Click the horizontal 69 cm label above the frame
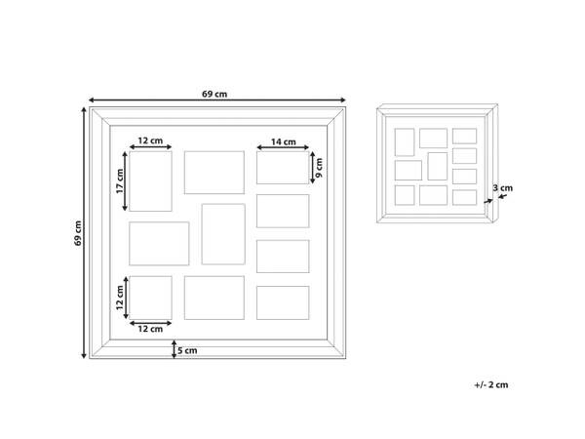(214, 94)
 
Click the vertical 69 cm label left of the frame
(78, 233)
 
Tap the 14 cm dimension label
(283, 141)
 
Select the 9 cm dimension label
(320, 168)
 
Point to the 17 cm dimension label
(120, 181)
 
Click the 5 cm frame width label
(187, 350)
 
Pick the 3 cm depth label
(502, 187)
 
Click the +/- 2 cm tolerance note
(491, 385)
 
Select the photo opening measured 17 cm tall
(150, 181)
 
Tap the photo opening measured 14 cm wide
(283, 168)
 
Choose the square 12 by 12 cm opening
(150, 298)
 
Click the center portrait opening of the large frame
(223, 234)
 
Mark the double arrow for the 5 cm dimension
(174, 349)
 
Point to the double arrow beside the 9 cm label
(313, 168)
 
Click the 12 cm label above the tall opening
(150, 140)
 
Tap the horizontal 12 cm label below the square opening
(150, 329)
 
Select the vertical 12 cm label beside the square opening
(120, 298)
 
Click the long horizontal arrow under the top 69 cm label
(217, 100)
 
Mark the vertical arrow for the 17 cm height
(125, 181)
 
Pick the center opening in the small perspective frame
(437, 166)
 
